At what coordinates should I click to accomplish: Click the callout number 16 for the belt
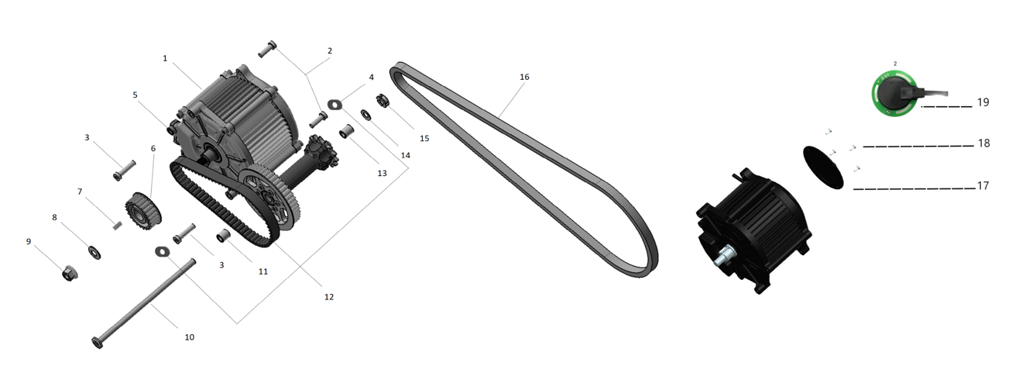click(524, 77)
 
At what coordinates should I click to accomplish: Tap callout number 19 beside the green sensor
click(983, 102)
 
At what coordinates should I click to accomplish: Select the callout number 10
click(189, 337)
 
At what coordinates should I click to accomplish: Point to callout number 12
click(329, 297)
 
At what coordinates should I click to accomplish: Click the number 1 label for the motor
click(165, 58)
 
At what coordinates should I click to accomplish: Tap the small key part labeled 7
click(118, 225)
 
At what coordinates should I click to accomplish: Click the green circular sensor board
click(894, 94)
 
